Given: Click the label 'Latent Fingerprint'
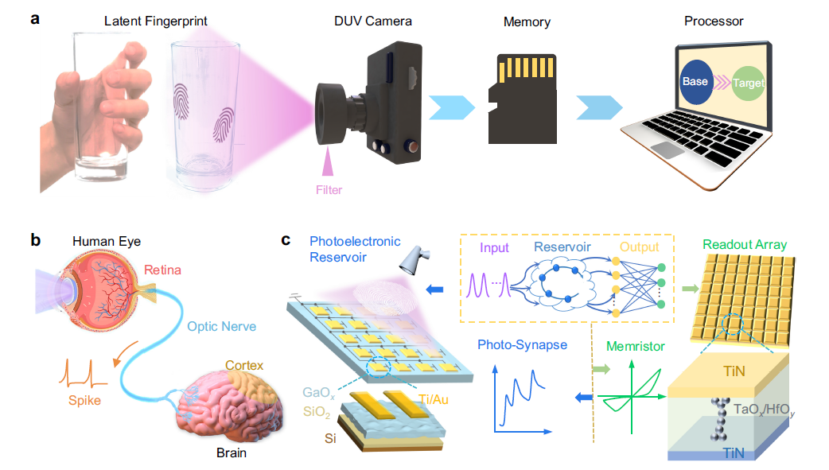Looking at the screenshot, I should click(x=156, y=21).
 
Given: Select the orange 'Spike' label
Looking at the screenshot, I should click(x=84, y=400).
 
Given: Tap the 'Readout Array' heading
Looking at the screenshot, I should click(x=745, y=245).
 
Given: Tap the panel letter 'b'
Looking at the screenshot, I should click(x=36, y=239).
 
